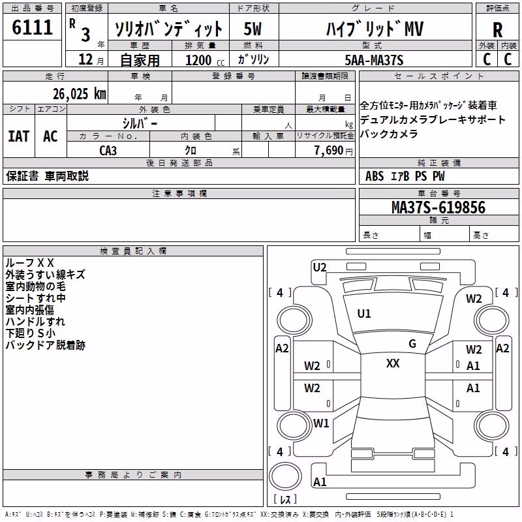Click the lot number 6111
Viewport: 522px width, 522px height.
click(x=32, y=27)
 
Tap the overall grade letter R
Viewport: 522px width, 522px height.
click(x=497, y=30)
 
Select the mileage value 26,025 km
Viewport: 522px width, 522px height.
click(x=80, y=94)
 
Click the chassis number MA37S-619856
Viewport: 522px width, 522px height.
click(x=438, y=207)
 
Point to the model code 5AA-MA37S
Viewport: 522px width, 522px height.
click(x=374, y=60)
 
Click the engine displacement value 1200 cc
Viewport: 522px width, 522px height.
click(x=205, y=60)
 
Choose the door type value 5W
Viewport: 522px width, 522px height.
click(x=253, y=29)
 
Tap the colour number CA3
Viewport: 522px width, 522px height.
click(x=108, y=151)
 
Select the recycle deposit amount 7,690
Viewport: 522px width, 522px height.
click(x=329, y=150)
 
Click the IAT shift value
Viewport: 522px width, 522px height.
click(x=19, y=136)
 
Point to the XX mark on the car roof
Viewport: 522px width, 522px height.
click(x=393, y=363)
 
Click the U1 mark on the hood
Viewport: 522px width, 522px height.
click(x=364, y=313)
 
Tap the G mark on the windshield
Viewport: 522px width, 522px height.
click(x=412, y=343)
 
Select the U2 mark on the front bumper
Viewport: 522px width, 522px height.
click(x=320, y=267)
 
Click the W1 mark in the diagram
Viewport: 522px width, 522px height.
click(x=321, y=423)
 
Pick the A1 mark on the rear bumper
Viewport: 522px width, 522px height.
click(x=320, y=482)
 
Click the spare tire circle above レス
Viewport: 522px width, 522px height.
click(x=285, y=476)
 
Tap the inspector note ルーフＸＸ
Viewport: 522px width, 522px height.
click(x=29, y=263)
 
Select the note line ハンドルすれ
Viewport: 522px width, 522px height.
click(x=35, y=321)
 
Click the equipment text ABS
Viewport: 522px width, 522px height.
click(x=375, y=176)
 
